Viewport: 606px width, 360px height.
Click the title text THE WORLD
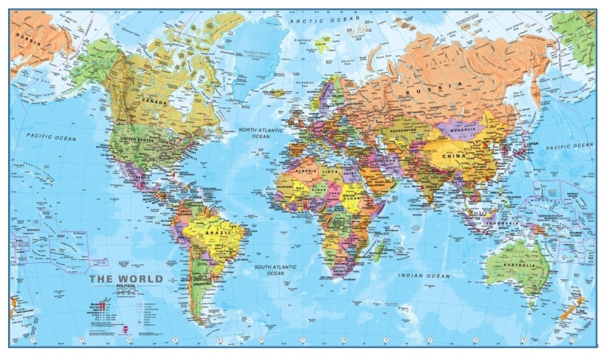coord(126,279)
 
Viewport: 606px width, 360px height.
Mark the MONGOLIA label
coord(464,131)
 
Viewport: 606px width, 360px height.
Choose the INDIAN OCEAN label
coord(424,276)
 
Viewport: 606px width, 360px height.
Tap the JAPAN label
coord(534,144)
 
